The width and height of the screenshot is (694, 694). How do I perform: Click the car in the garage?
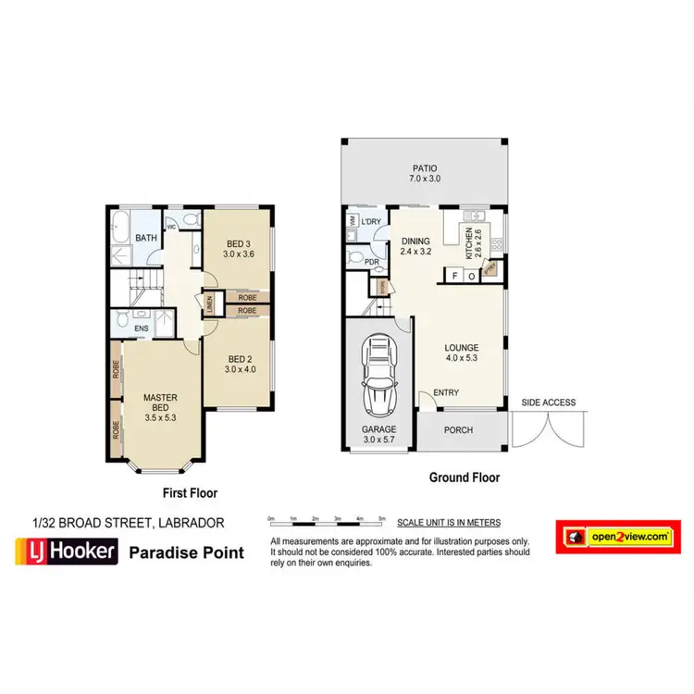(379, 377)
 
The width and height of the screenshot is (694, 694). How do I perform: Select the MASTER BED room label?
(159, 403)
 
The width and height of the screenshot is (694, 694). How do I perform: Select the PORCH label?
(458, 429)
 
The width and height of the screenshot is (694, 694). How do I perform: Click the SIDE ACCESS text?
(548, 403)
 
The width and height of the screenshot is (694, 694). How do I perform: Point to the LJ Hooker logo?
(66, 552)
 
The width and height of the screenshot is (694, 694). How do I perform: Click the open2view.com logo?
(613, 537)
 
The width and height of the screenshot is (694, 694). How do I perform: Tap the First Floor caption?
(191, 492)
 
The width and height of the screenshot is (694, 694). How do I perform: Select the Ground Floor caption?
(464, 478)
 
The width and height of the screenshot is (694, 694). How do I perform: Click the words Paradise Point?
(186, 552)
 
